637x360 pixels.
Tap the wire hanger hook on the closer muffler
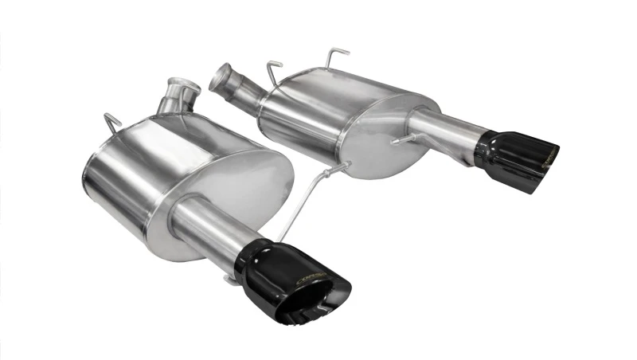(x=111, y=122)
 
